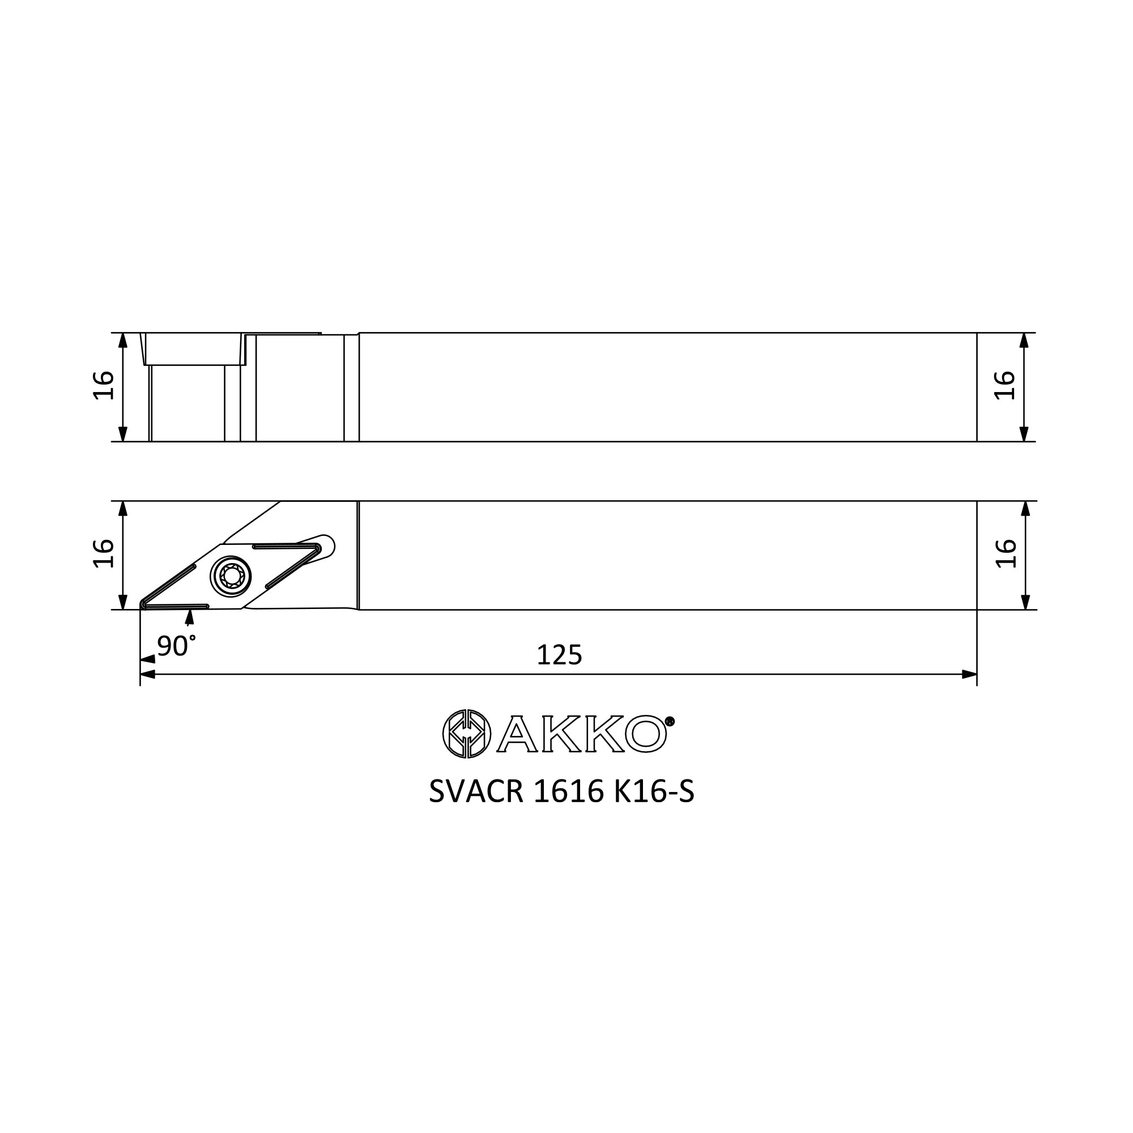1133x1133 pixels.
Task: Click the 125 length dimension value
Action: (560, 655)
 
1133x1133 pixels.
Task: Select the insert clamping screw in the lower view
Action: (231, 577)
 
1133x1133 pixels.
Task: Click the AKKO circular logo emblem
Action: (466, 734)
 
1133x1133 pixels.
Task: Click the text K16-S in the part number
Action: (654, 793)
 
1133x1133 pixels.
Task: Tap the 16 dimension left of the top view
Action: (104, 385)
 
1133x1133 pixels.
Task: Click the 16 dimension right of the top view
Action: (1005, 385)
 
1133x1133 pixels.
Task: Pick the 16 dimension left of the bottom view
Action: (104, 553)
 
